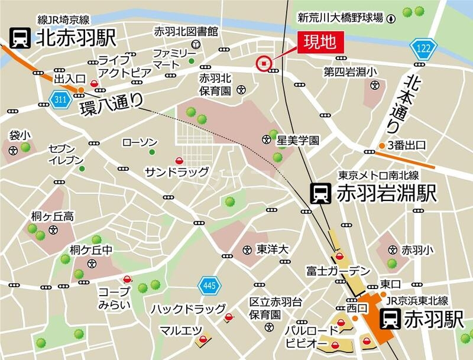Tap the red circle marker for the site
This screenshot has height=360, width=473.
click(x=263, y=63)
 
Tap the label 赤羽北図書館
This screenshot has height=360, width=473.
click(x=186, y=30)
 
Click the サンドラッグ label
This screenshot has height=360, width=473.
click(x=177, y=172)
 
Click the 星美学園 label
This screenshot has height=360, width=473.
click(x=299, y=141)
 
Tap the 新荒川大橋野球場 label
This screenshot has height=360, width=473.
click(x=339, y=18)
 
